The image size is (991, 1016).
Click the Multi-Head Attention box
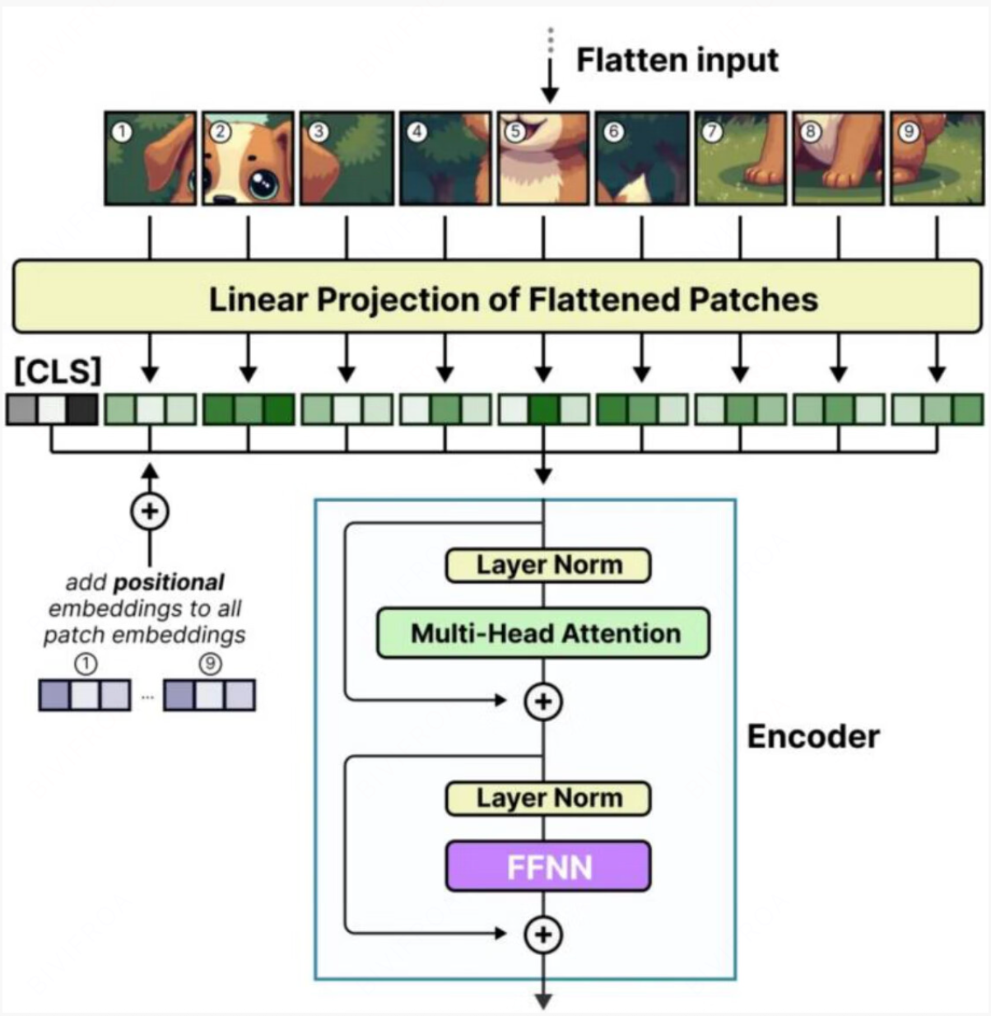click(543, 633)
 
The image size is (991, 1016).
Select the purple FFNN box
click(548, 867)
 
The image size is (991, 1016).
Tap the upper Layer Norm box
click(548, 566)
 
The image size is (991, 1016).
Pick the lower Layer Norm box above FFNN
click(548, 799)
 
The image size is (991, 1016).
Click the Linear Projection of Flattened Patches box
click(497, 297)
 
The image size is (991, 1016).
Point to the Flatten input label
click(677, 60)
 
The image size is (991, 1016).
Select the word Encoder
click(813, 736)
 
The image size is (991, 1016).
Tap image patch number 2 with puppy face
click(249, 159)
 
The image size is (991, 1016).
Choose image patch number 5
click(543, 159)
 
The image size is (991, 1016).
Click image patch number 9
click(937, 159)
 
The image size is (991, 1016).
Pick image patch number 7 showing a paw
click(740, 159)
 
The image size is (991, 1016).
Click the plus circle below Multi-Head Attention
click(543, 701)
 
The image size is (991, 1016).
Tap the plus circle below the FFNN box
click(543, 934)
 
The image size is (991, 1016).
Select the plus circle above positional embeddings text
click(150, 511)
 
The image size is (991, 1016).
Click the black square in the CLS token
click(82, 409)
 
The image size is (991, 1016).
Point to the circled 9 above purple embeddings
click(210, 664)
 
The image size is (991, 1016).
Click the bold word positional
click(169, 582)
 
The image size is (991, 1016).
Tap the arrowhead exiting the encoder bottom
click(543, 1001)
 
